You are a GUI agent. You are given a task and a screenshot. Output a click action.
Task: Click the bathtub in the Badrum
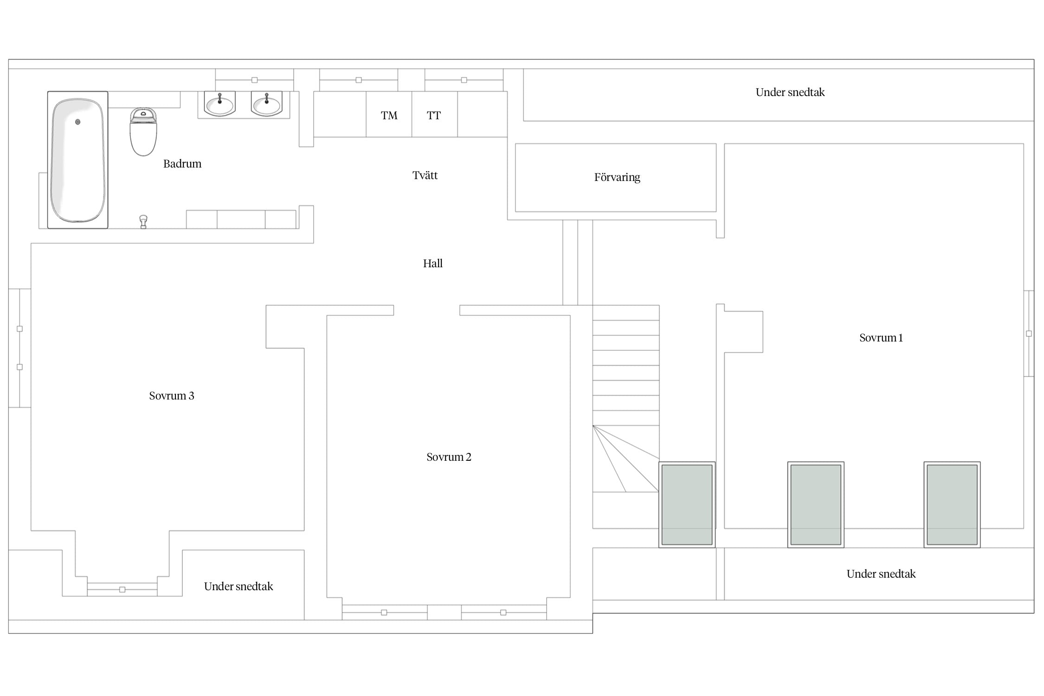pyautogui.click(x=78, y=160)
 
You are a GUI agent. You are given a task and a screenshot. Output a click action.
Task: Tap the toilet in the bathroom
pyautogui.click(x=143, y=132)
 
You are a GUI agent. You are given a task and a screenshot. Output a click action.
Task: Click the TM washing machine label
pyautogui.click(x=389, y=116)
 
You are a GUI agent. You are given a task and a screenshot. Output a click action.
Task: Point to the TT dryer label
pyautogui.click(x=434, y=116)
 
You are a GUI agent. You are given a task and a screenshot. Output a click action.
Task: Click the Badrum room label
pyautogui.click(x=182, y=164)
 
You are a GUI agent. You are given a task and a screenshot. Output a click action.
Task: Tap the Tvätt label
pyautogui.click(x=425, y=175)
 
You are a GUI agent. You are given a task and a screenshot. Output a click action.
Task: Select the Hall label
pyautogui.click(x=433, y=264)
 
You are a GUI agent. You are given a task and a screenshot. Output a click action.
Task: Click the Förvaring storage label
pyautogui.click(x=617, y=177)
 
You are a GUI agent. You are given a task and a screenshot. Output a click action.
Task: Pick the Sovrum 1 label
pyautogui.click(x=881, y=338)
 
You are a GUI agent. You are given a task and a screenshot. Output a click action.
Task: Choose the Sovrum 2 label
pyautogui.click(x=449, y=457)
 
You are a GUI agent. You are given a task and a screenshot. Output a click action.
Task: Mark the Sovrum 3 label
pyautogui.click(x=172, y=396)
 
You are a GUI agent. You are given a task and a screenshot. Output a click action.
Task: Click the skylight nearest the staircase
pyautogui.click(x=687, y=504)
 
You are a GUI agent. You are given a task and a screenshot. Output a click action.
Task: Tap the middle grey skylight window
pyautogui.click(x=816, y=504)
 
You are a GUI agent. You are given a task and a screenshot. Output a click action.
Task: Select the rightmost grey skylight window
pyautogui.click(x=952, y=504)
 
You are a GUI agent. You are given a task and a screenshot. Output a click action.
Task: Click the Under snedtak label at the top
pyautogui.click(x=790, y=92)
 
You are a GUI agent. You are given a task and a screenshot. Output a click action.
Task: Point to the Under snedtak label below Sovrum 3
pyautogui.click(x=238, y=586)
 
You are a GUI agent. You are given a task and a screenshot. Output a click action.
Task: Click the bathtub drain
pyautogui.click(x=78, y=122)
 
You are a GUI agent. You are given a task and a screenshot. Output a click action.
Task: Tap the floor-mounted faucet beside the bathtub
pyautogui.click(x=143, y=222)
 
